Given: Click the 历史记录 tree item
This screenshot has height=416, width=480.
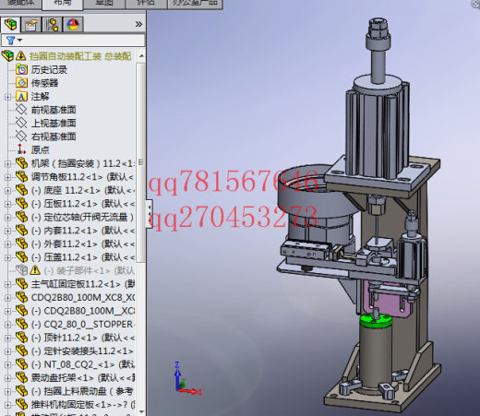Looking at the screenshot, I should [50, 69].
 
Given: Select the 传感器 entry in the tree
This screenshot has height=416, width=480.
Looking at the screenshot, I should [43, 82].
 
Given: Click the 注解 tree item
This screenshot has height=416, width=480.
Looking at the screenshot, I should [40, 96].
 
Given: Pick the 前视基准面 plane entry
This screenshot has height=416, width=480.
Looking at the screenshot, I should [53, 109].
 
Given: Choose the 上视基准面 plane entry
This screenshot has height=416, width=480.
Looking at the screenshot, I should [53, 123].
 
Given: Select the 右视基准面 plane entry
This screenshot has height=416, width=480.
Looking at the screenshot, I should [53, 136].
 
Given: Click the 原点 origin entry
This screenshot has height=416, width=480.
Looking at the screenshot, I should [40, 149].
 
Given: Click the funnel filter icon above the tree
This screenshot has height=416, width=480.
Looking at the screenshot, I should [10, 41].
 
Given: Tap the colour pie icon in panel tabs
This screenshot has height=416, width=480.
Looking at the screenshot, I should [73, 24].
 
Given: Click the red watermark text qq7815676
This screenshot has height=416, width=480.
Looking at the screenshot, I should [235, 180].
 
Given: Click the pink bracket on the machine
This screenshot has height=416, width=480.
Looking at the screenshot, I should [378, 297].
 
